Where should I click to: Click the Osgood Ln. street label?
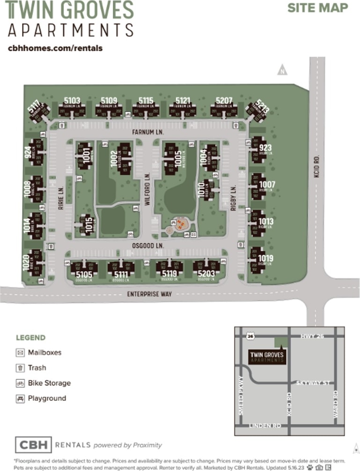150,245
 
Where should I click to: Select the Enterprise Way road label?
150,294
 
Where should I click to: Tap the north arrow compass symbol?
282,71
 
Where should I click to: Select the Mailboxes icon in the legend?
20,352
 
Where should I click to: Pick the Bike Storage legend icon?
20,383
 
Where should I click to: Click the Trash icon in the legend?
20,368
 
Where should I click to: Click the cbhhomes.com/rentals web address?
55,48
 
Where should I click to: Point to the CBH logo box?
33,445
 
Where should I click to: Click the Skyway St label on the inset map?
313,383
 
